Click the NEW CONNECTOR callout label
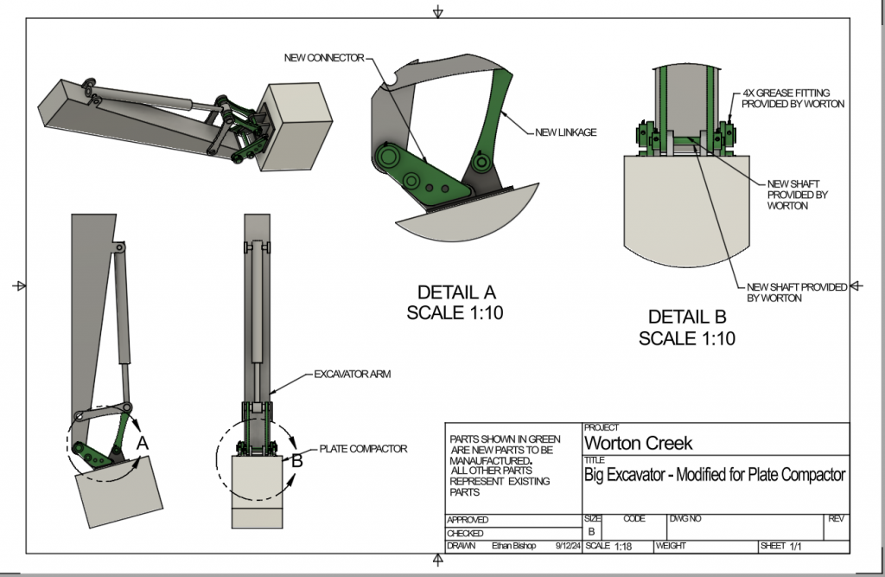325,58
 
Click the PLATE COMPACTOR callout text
363,448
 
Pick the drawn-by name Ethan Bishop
514,546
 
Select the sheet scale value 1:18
622,547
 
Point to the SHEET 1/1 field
781,547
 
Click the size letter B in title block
592,532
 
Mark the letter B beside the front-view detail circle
296,461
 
